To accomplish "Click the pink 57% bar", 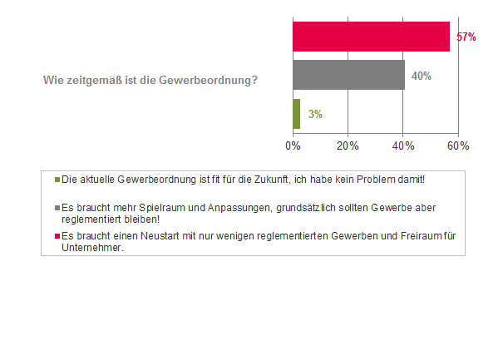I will click(x=371, y=37).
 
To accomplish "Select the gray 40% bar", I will click(x=348, y=75).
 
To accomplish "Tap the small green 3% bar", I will click(x=296, y=114).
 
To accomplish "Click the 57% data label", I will click(x=466, y=37).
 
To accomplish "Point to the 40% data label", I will click(x=421, y=76).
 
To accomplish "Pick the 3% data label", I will click(x=315, y=114).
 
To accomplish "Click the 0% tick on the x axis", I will click(x=293, y=145).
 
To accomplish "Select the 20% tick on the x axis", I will click(x=348, y=145).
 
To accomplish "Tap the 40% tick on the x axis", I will click(x=403, y=145).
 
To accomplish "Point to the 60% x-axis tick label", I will click(x=458, y=145).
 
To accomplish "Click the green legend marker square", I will click(x=57, y=180).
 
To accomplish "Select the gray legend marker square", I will click(x=57, y=206).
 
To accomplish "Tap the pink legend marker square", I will click(x=57, y=236).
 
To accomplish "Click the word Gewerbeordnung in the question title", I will click(x=211, y=80).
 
